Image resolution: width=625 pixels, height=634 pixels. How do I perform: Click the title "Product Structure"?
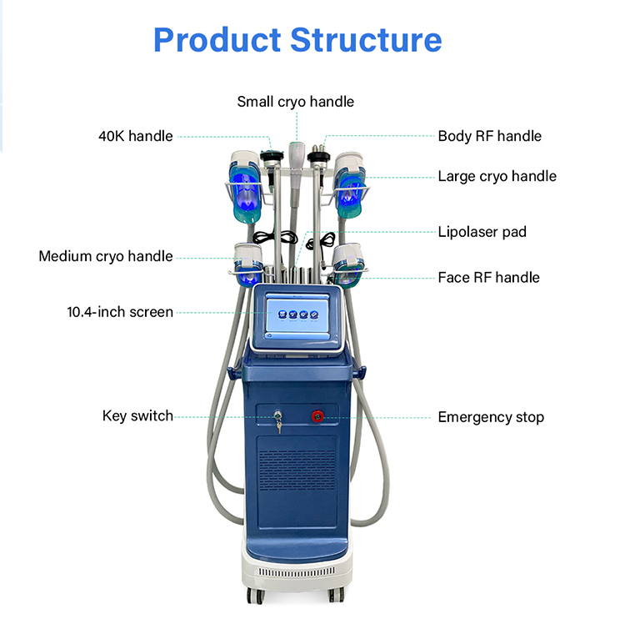297,39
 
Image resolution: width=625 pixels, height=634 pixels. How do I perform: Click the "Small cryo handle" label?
295,102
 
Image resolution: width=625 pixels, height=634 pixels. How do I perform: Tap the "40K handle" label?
136,136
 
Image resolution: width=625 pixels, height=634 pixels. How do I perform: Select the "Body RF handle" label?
489,136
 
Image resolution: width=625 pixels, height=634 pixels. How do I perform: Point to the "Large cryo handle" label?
497,176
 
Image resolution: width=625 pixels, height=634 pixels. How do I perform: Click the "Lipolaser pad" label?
482,232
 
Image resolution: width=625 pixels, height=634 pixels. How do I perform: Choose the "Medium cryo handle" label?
106,256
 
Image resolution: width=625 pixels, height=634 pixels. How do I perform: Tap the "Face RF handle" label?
488,277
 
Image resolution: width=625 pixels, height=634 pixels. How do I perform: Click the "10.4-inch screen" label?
120,312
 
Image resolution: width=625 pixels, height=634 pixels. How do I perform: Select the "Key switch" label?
137,415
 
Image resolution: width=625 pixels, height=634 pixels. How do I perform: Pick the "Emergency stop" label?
490,417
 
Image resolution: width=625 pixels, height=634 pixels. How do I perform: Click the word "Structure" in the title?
366,39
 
